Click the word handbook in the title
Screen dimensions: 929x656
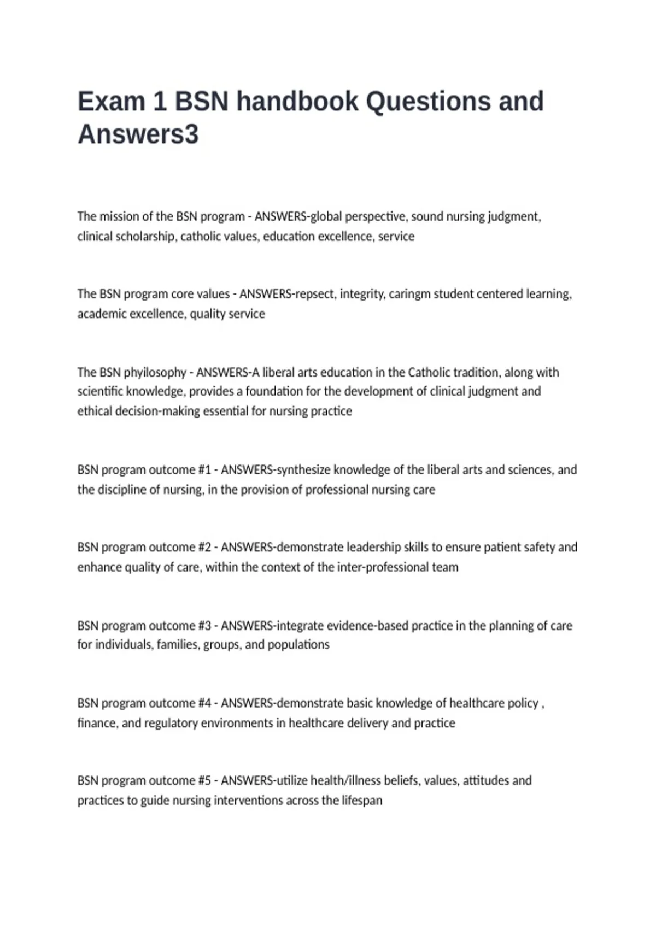(297, 102)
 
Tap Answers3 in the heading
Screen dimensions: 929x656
(138, 134)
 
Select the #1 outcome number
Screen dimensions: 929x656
(204, 470)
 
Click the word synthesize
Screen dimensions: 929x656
(304, 470)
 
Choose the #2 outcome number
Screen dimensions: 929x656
(204, 548)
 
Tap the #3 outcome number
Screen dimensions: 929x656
(204, 626)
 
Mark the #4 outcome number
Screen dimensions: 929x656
(204, 703)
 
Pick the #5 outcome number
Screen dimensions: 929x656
(204, 781)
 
